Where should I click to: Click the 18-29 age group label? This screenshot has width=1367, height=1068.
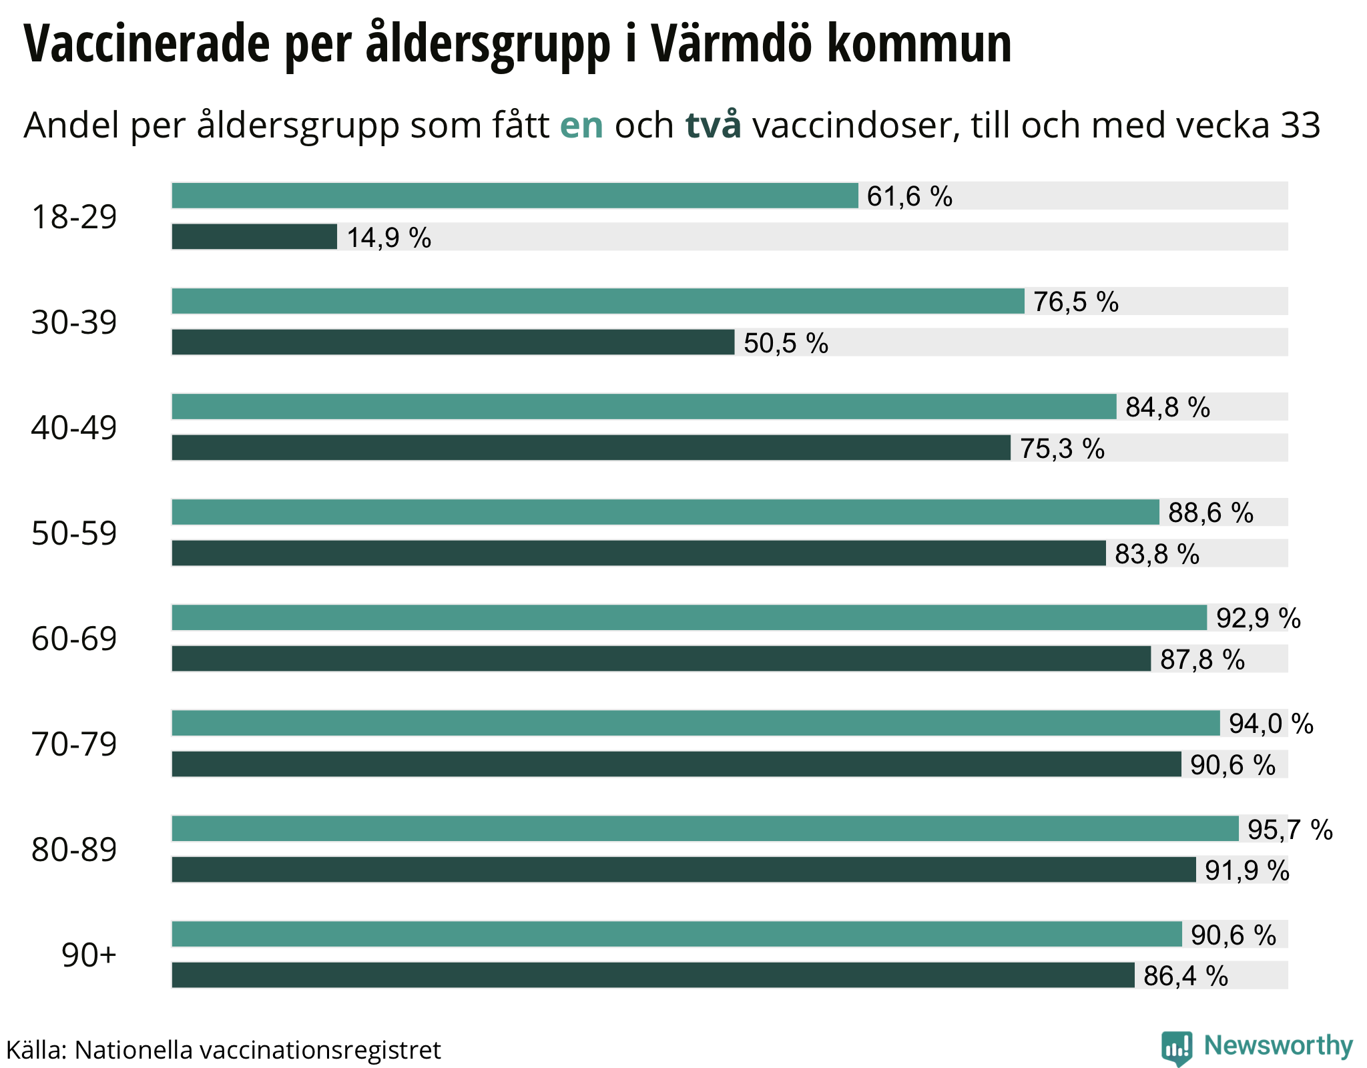[x=74, y=217]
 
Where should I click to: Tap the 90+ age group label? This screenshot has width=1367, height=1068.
[x=89, y=955]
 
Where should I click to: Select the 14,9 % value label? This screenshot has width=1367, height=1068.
[x=388, y=238]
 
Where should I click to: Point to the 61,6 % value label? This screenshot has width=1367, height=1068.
[x=909, y=196]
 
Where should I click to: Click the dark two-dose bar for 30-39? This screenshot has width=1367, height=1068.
[x=453, y=342]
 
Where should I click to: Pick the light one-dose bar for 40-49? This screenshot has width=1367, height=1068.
[x=644, y=407]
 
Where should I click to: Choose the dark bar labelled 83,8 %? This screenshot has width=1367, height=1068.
[x=639, y=553]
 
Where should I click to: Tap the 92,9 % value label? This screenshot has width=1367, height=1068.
[x=1258, y=618]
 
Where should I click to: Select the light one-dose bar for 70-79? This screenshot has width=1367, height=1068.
[x=696, y=723]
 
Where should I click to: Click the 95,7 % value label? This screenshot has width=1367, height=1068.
[x=1290, y=829]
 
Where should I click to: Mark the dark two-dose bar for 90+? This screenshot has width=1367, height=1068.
[x=653, y=975]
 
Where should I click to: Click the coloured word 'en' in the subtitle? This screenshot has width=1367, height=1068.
[x=581, y=125]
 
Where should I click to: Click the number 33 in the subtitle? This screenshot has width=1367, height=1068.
[x=1300, y=125]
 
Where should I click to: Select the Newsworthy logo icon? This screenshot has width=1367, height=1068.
[x=1177, y=1048]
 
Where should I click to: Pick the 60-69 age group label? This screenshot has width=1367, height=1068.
[x=74, y=639]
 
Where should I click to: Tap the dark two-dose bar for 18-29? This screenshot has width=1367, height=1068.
[x=254, y=237]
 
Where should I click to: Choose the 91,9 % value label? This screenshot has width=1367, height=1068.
[x=1246, y=870]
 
